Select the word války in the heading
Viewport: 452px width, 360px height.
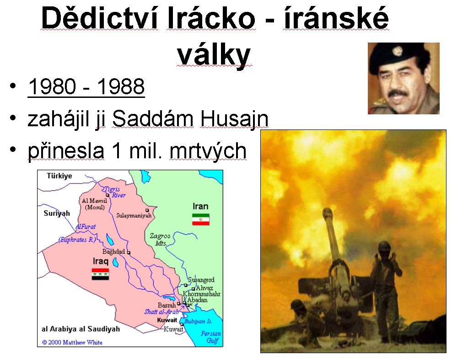click(214, 55)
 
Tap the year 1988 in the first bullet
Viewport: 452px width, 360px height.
click(121, 86)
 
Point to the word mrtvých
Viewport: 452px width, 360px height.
click(208, 151)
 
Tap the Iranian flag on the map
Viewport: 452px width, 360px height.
click(201, 220)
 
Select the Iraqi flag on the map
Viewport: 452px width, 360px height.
click(100, 274)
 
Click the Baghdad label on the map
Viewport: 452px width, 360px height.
click(113, 252)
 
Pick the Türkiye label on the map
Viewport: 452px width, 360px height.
click(59, 176)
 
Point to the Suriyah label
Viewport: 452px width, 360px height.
click(57, 213)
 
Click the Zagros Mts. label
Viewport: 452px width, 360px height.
click(160, 239)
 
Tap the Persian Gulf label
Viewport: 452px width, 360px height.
click(211, 337)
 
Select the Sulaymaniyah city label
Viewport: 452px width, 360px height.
click(134, 215)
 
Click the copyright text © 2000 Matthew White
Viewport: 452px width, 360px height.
click(72, 343)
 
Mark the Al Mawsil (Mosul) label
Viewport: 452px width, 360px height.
click(95, 204)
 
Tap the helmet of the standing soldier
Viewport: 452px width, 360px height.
click(385, 247)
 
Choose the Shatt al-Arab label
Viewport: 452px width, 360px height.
click(161, 312)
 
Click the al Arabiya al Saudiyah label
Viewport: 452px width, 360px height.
click(81, 329)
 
